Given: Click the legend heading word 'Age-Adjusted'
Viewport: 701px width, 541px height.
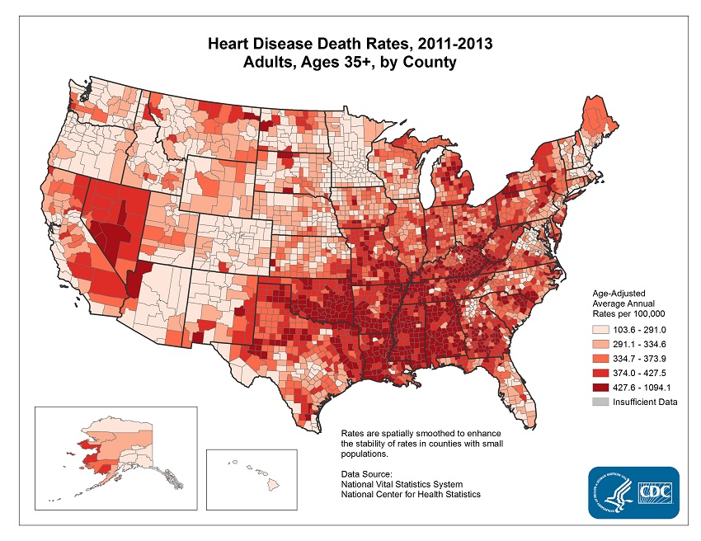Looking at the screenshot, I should (619, 294).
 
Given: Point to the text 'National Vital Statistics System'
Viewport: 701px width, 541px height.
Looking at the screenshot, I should (401, 483).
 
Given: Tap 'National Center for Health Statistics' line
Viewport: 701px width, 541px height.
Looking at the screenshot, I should (410, 493).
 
